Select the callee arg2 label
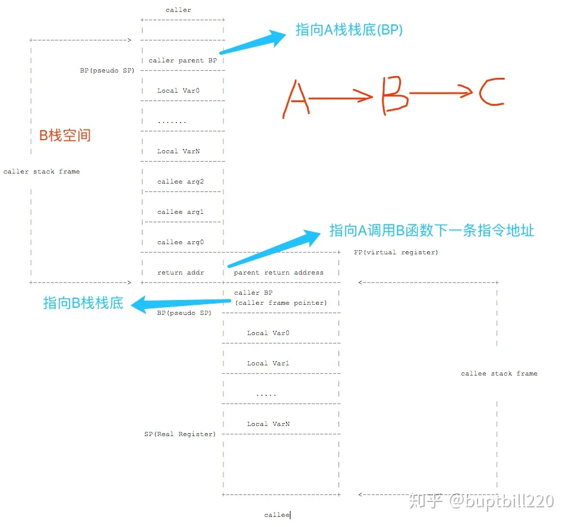[181, 181]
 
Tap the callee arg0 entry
[181, 242]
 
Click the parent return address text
[279, 272]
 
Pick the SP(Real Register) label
[180, 434]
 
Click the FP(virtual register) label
[396, 253]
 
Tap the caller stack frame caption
[42, 171]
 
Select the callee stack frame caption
[499, 374]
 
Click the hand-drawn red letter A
[296, 99]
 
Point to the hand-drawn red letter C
[492, 92]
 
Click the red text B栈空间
[65, 135]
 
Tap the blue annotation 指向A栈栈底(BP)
[349, 30]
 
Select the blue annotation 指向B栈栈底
[83, 303]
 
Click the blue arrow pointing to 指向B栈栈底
[181, 304]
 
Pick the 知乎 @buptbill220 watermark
[482, 501]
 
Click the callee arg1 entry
[181, 212]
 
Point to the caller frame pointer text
[282, 302]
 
